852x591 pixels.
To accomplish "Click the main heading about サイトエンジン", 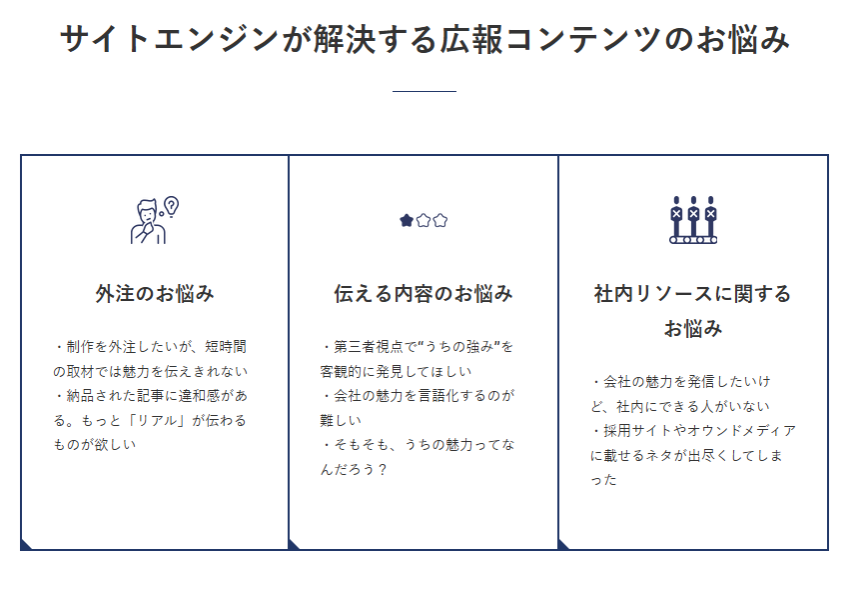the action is tap(425, 39).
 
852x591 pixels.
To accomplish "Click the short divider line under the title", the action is tap(425, 92).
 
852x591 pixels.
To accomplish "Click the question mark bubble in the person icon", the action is tap(171, 206).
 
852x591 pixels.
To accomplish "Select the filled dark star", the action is tap(407, 221).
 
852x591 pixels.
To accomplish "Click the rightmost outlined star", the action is tap(440, 221).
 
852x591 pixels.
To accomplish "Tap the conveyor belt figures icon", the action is tap(692, 220).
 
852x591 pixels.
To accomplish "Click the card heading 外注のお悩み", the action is tap(155, 294).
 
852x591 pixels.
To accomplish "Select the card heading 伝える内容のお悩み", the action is tap(424, 294).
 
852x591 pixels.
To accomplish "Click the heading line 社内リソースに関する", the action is tap(692, 294).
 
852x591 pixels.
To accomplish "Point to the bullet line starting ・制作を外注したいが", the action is tap(150, 347).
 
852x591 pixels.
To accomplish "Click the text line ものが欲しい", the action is tap(95, 445).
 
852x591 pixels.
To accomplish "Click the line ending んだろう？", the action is tap(354, 469).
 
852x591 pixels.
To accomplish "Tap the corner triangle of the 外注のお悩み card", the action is tap(26, 544).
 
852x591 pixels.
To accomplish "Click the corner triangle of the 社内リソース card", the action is tap(563, 544).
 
